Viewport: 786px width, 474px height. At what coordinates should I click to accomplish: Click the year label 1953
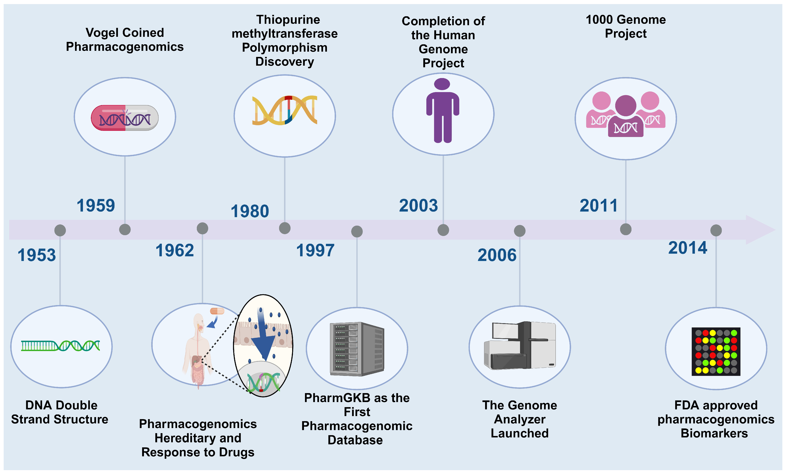click(37, 255)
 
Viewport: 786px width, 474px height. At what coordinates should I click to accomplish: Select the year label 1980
click(250, 211)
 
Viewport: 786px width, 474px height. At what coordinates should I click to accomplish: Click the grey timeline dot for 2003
click(443, 230)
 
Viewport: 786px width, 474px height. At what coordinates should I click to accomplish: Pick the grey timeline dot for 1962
click(202, 228)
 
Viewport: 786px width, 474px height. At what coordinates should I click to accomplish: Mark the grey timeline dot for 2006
click(520, 231)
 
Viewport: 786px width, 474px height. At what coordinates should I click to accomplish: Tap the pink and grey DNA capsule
click(125, 118)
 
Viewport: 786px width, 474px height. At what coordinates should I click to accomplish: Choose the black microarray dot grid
click(716, 351)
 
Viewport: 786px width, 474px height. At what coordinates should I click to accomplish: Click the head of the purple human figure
click(442, 84)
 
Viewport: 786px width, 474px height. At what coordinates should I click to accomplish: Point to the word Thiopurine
click(288, 20)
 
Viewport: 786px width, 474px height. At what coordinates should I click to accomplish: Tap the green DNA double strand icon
click(61, 346)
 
